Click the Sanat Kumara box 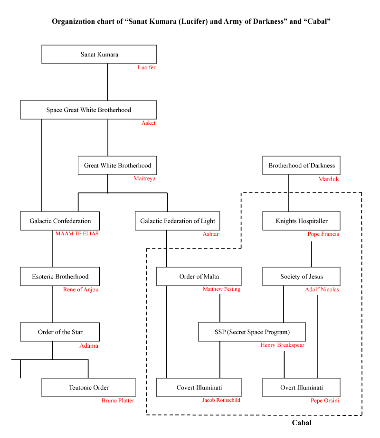[x=99, y=54]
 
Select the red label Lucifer [x=146, y=67]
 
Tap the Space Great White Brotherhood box [x=88, y=110]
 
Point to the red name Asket [x=148, y=123]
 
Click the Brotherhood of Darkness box [x=301, y=165]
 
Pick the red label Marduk [x=329, y=179]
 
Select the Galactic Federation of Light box [x=177, y=221]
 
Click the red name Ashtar [x=210, y=234]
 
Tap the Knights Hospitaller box [x=301, y=221]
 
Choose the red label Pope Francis [x=323, y=234]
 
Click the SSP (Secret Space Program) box [x=252, y=332]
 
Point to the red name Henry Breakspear [x=282, y=345]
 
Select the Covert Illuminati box [x=199, y=387]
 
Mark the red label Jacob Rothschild [x=221, y=400]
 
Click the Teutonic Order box [x=88, y=387]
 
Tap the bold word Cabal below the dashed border [x=302, y=422]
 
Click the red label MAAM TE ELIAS [x=77, y=233]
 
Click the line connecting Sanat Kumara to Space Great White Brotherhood [x=108, y=82]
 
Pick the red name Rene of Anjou [x=81, y=289]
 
